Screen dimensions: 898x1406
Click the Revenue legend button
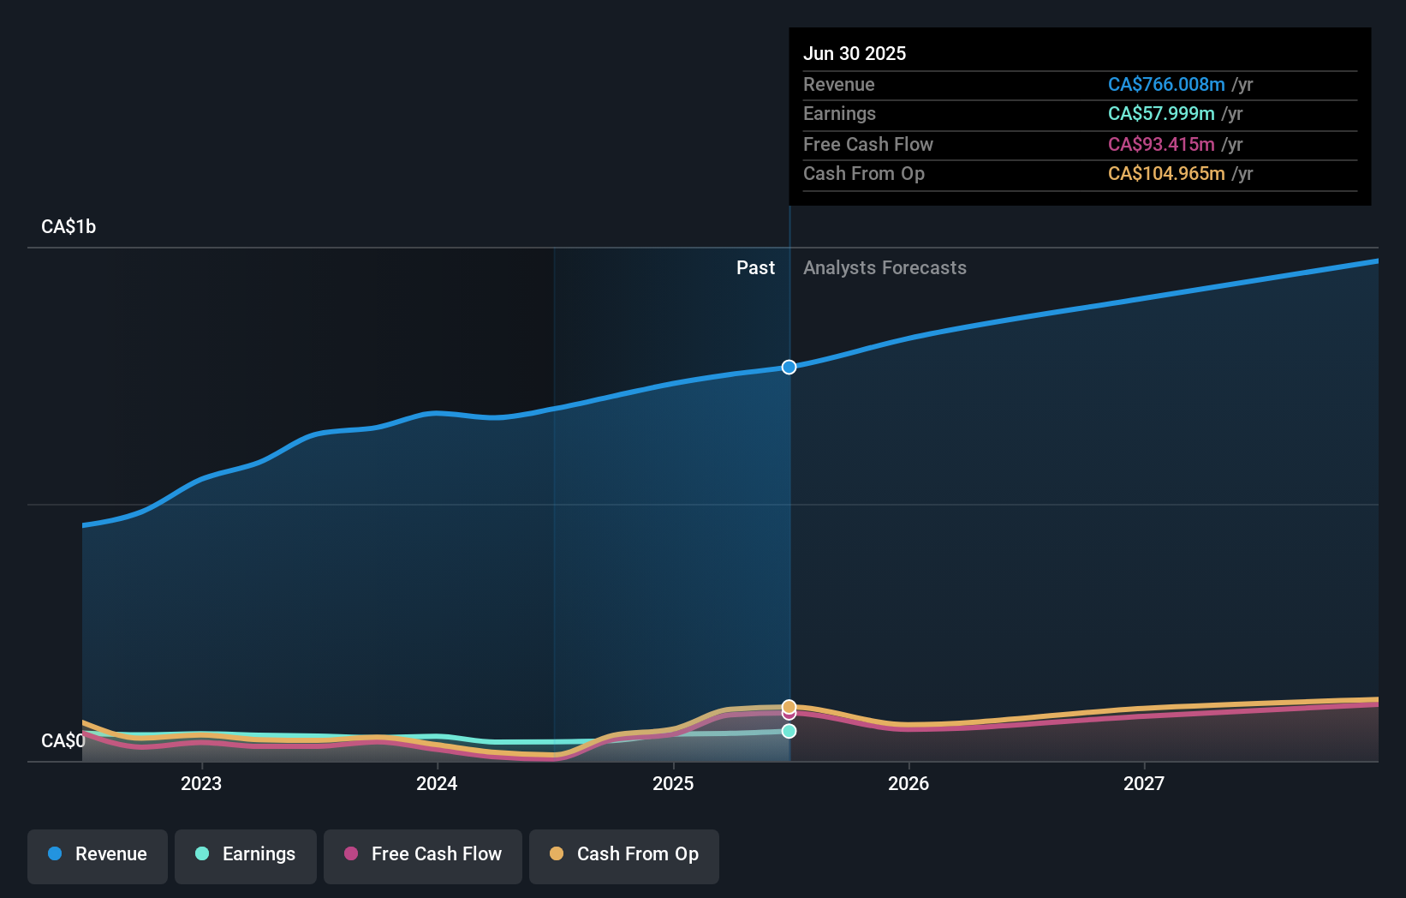tap(98, 854)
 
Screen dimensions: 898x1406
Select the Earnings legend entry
tap(246, 854)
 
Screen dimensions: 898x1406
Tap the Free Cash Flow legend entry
tap(423, 854)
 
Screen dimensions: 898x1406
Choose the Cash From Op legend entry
tap(624, 854)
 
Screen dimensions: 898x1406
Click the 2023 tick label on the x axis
tap(201, 783)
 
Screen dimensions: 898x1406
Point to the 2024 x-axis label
tap(437, 783)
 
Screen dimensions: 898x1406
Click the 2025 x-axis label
tap(673, 783)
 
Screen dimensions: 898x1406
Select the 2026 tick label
tap(909, 783)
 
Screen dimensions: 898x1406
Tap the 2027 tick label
tap(1144, 783)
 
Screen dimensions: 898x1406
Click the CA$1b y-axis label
tap(69, 227)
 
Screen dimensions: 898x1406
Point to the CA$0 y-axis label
tap(63, 740)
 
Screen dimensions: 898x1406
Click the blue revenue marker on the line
tap(789, 367)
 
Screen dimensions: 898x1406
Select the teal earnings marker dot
tap(789, 731)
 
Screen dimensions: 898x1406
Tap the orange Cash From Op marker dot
tap(789, 706)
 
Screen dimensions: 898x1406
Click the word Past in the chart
tap(755, 268)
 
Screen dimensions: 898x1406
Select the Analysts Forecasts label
tap(885, 268)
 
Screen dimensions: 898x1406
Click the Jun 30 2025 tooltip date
tap(854, 53)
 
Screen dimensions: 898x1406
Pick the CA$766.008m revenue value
tap(1165, 85)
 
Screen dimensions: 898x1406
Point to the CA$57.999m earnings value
tap(1160, 114)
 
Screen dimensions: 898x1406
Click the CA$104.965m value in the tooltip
tap(1165, 174)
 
